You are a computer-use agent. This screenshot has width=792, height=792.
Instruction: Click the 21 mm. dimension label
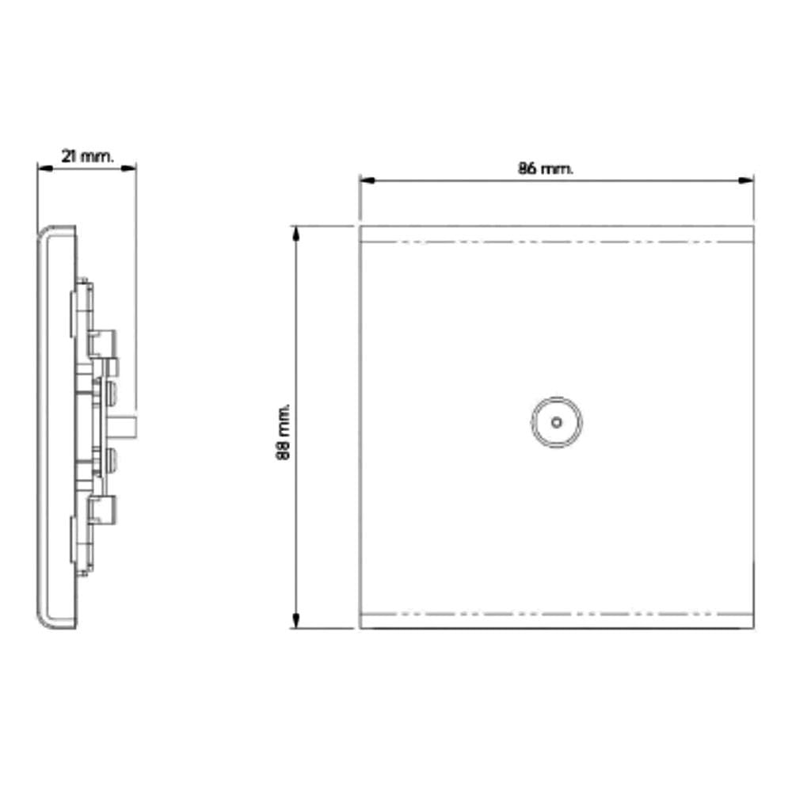point(88,156)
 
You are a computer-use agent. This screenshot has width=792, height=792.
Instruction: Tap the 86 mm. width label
point(546,168)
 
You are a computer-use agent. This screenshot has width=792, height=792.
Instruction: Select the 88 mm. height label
point(284,432)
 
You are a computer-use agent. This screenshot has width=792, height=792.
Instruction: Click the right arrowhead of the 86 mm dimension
point(746,181)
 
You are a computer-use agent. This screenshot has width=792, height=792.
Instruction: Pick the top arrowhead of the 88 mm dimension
point(296,234)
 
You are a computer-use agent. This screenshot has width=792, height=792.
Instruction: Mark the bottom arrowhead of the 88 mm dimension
point(296,620)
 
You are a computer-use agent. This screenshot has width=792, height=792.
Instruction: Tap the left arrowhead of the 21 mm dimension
point(45,168)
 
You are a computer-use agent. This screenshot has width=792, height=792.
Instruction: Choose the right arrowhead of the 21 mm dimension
point(128,168)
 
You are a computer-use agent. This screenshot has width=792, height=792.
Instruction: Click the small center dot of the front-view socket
point(557,422)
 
